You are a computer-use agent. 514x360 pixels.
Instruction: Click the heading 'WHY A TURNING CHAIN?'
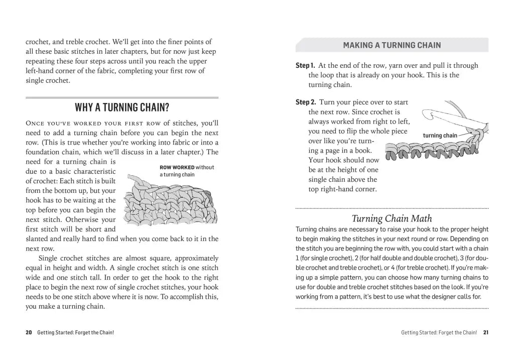(122, 107)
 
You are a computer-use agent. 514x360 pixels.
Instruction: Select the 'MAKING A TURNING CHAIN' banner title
(392, 45)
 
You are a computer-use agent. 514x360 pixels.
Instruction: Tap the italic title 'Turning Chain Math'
(392, 218)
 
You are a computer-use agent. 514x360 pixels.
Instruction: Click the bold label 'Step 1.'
(305, 65)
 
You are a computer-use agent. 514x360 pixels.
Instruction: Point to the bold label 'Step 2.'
(305, 102)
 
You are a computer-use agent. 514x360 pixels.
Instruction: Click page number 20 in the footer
(29, 332)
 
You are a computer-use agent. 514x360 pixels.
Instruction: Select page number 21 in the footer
(485, 332)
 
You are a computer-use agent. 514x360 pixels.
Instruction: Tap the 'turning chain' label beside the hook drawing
(440, 136)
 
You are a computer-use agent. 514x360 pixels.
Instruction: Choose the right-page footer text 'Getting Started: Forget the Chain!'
(439, 332)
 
